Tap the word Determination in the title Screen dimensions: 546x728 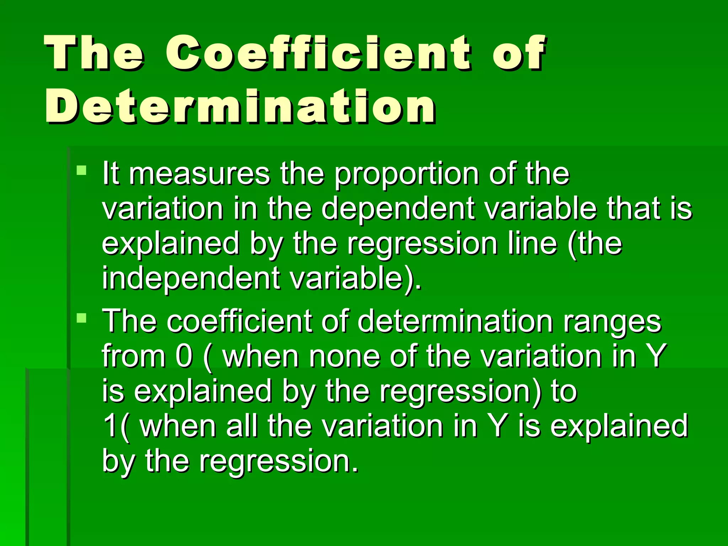tap(240, 107)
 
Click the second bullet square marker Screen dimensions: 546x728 tap(82, 317)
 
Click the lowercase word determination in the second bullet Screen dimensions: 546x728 tap(455, 321)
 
